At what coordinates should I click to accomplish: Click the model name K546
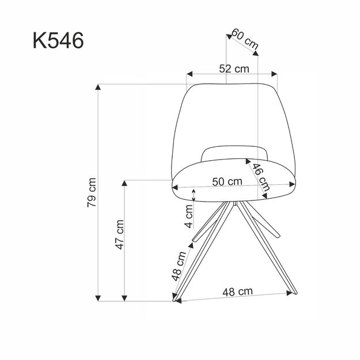click(x=58, y=41)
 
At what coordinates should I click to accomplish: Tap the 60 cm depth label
click(x=244, y=39)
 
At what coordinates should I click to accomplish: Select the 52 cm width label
click(x=233, y=69)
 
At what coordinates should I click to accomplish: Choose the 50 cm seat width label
click(x=226, y=181)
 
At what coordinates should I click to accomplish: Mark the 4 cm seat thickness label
click(x=190, y=217)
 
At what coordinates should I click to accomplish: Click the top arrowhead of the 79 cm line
click(x=98, y=87)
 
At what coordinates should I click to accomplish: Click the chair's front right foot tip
click(x=294, y=292)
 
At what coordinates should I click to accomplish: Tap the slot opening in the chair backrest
click(x=236, y=153)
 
